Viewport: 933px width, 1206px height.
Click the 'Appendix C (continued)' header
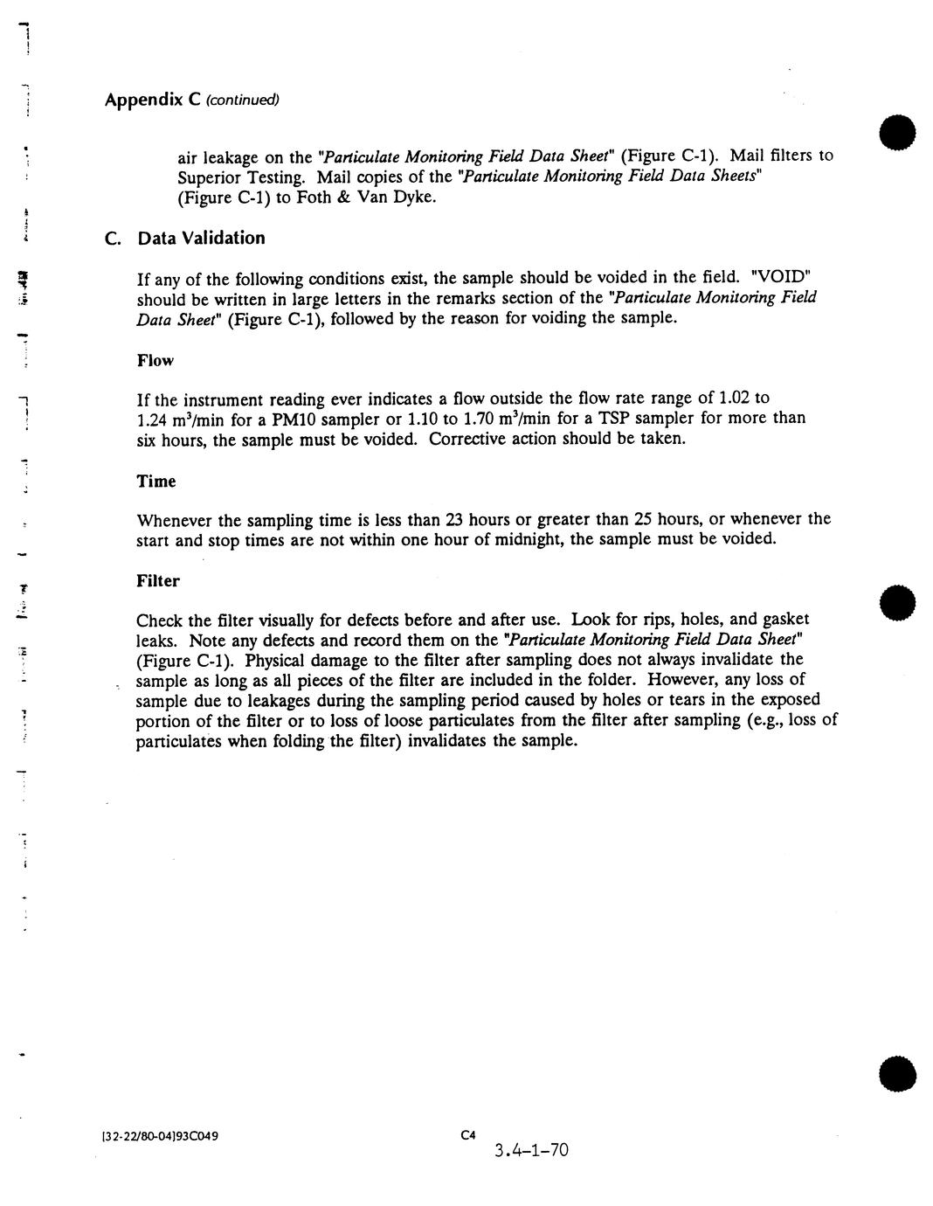point(191,100)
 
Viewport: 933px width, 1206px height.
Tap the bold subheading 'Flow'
point(155,360)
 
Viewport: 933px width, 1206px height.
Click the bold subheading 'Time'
point(156,482)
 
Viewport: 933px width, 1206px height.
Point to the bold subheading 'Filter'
point(158,581)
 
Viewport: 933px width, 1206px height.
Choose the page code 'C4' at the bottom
point(467,1135)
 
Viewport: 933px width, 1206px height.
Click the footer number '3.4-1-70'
point(530,1150)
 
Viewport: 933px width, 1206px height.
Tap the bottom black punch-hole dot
point(899,1074)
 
